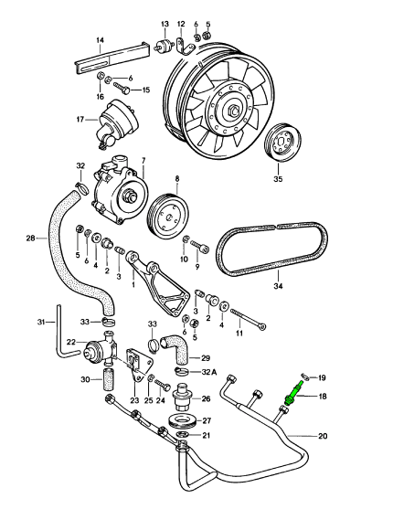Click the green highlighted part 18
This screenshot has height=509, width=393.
(294, 393)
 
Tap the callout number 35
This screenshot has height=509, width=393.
(279, 179)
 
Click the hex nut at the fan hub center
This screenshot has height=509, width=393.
(235, 111)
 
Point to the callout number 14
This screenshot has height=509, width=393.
(100, 40)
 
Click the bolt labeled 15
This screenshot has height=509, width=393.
(122, 88)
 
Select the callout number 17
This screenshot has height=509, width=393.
(80, 120)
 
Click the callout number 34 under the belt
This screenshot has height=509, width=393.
(279, 286)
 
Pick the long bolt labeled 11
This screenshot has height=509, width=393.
(249, 319)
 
